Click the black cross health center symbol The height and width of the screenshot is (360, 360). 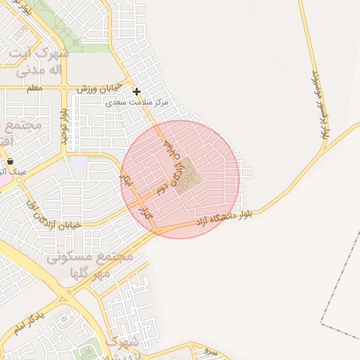point(136,91)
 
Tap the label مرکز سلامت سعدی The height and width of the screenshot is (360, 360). point(138,103)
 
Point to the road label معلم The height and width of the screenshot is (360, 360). point(34,88)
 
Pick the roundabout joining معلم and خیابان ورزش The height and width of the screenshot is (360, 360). point(64,89)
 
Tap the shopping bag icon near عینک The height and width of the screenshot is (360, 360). point(10,161)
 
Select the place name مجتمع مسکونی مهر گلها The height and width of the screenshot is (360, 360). point(89,264)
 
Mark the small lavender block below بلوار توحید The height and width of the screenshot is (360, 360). point(79,163)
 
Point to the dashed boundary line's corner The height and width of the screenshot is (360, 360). point(321,324)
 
